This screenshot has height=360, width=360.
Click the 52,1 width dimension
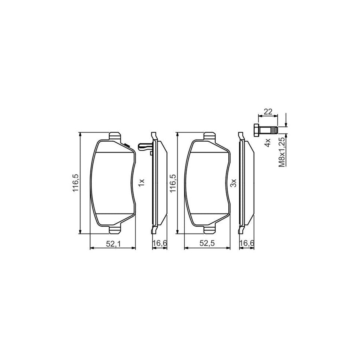click(x=113, y=244)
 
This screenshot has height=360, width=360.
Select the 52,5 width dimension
click(x=207, y=244)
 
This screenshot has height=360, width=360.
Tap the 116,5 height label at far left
click(x=76, y=183)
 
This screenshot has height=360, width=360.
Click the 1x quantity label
click(x=142, y=182)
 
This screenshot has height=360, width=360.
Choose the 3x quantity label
click(x=234, y=183)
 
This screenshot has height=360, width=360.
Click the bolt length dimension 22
click(x=268, y=112)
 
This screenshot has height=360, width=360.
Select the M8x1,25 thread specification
click(x=282, y=151)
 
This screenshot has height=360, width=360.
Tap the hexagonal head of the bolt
click(x=256, y=130)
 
